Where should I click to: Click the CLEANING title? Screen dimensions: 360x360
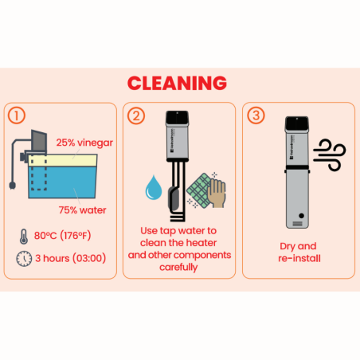177,83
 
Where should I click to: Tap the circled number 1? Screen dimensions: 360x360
17,115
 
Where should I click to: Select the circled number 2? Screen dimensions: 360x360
136,115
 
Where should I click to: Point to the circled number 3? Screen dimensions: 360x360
256,115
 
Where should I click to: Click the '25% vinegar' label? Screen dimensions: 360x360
84,143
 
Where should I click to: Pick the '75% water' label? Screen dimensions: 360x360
82,210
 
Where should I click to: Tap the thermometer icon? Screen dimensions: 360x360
24,237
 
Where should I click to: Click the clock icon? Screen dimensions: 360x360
24,259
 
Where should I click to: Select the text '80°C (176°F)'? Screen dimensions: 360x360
62,236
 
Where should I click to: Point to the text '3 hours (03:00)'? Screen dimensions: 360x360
71,258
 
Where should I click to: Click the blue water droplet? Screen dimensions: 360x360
154,187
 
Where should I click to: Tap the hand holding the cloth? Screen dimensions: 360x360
217,193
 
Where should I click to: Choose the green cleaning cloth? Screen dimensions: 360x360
199,190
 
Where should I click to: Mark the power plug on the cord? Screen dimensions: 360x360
12,186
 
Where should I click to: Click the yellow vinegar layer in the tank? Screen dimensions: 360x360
63,160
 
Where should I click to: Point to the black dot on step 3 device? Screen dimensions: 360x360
301,216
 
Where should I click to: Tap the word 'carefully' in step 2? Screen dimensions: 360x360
178,268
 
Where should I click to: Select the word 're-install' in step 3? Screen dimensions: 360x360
299,258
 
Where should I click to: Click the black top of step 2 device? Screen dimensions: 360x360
178,118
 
